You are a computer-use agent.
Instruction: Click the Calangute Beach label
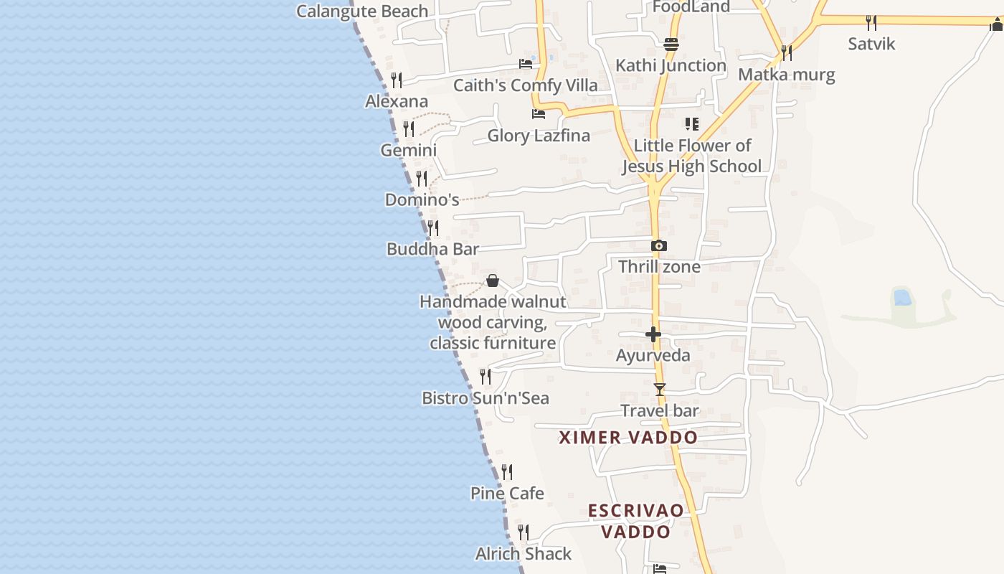pyautogui.click(x=362, y=11)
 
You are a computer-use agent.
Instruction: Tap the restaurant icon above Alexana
pyautogui.click(x=396, y=80)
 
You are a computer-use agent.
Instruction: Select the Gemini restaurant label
pyautogui.click(x=408, y=151)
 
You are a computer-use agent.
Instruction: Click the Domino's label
pyautogui.click(x=422, y=199)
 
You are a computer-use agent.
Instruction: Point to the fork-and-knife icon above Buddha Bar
pyautogui.click(x=432, y=228)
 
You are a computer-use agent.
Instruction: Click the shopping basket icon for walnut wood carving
pyautogui.click(x=493, y=281)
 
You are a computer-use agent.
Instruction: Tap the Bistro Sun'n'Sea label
pyautogui.click(x=485, y=398)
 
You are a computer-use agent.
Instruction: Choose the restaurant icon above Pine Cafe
pyautogui.click(x=507, y=471)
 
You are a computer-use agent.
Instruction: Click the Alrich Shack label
pyautogui.click(x=524, y=554)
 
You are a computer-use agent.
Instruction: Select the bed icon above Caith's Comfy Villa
pyautogui.click(x=526, y=63)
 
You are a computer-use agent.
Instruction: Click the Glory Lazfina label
pyautogui.click(x=539, y=136)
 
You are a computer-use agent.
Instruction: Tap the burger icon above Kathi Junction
pyautogui.click(x=671, y=44)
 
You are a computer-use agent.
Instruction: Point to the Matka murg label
pyautogui.click(x=786, y=75)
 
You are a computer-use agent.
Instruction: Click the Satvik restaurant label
pyautogui.click(x=871, y=44)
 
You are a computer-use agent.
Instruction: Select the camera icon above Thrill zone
pyautogui.click(x=658, y=245)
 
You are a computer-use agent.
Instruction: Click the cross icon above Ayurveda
pyautogui.click(x=653, y=334)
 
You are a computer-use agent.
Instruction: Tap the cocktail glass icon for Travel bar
pyautogui.click(x=660, y=390)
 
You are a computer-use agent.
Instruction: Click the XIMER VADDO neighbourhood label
pyautogui.click(x=628, y=438)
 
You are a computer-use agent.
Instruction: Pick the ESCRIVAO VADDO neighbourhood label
pyautogui.click(x=636, y=521)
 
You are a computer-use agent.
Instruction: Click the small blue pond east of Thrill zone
pyautogui.click(x=902, y=297)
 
